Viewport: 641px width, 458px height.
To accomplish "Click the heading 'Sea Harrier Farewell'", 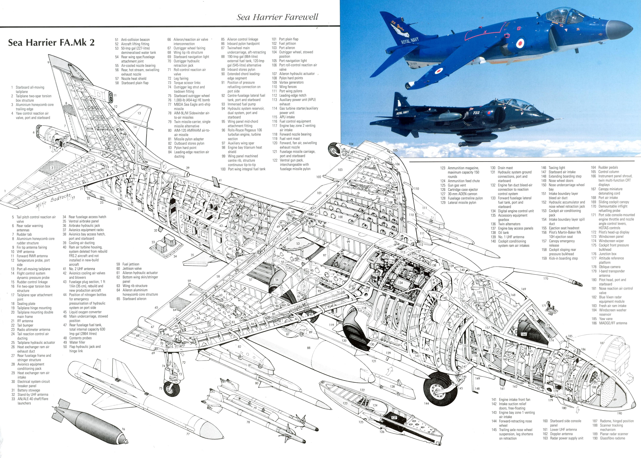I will coord(277,17).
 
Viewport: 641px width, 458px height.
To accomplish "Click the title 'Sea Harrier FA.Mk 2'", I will coord(51,42).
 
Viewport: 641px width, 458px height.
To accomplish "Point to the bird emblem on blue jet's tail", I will coord(399,31).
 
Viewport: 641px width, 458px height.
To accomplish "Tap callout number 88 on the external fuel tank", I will coord(309,348).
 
